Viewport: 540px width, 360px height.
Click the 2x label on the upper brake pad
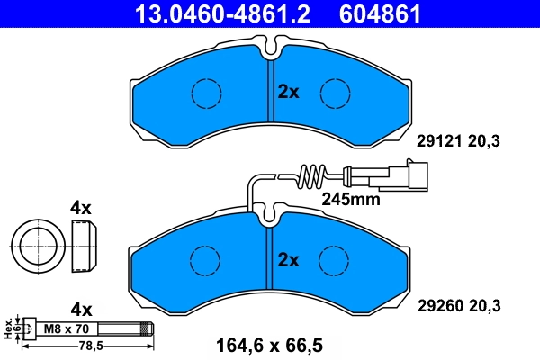288,91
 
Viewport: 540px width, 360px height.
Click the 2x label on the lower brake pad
288,261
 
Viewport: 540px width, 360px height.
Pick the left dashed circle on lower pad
206,261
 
